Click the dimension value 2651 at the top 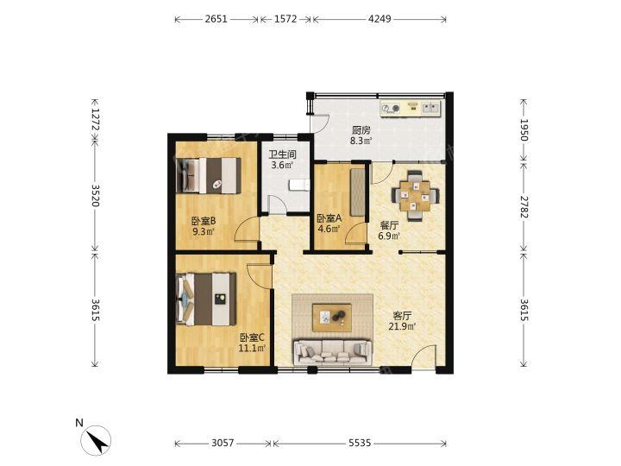point(216,19)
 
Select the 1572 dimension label point(285,19)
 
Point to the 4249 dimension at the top point(379,19)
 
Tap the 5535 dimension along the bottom point(360,443)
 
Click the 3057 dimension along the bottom point(223,443)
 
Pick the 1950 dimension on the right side point(524,130)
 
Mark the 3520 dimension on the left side point(96,195)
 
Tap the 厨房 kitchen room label point(361,130)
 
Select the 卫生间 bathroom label point(283,154)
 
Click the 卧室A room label point(329,218)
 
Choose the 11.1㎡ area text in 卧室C point(252,349)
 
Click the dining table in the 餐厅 point(415,195)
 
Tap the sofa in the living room point(333,352)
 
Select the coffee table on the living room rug point(332,318)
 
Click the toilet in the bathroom point(299,185)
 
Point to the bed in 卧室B point(209,175)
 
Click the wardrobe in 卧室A point(358,192)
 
